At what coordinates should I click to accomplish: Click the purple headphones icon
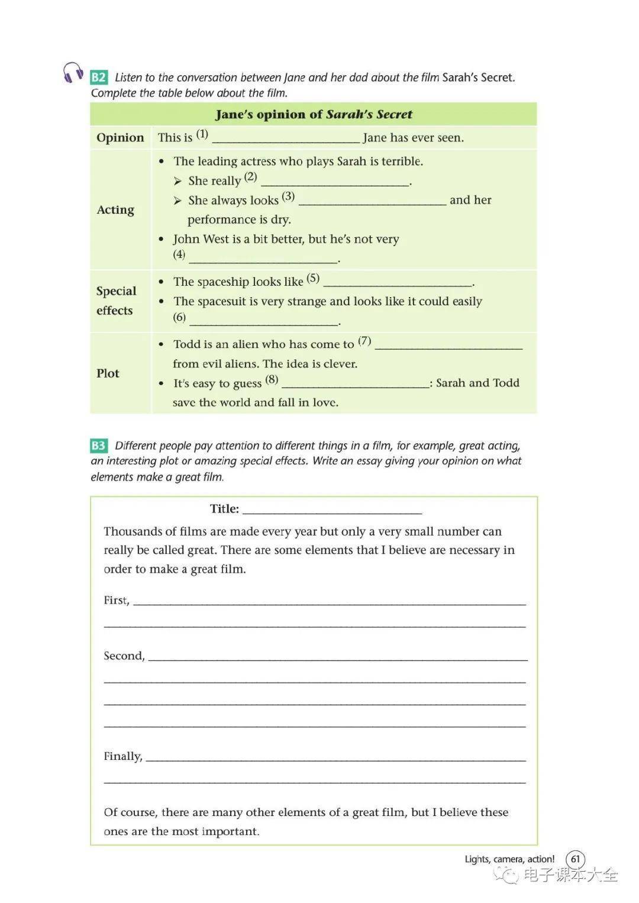[x=73, y=73]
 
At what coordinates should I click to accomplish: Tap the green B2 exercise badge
[x=98, y=78]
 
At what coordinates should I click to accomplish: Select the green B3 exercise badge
[x=98, y=446]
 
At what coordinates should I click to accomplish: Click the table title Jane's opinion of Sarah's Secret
[x=314, y=114]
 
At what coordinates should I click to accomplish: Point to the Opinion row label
[x=120, y=138]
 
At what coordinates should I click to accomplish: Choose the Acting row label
[x=115, y=210]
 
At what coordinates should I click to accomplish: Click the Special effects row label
[x=116, y=301]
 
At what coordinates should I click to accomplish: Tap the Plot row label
[x=108, y=373]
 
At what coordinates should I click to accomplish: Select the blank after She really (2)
[x=335, y=182]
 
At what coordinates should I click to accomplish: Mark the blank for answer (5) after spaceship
[x=398, y=283]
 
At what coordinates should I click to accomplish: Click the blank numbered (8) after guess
[x=356, y=385]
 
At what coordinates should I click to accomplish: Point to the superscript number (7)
[x=364, y=341]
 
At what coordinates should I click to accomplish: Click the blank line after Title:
[x=332, y=510]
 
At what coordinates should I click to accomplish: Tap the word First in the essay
[x=116, y=600]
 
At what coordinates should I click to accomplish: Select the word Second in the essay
[x=124, y=656]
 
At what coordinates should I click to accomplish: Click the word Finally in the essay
[x=122, y=756]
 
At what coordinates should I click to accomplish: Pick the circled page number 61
[x=575, y=859]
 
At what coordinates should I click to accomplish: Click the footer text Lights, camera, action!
[x=509, y=859]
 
